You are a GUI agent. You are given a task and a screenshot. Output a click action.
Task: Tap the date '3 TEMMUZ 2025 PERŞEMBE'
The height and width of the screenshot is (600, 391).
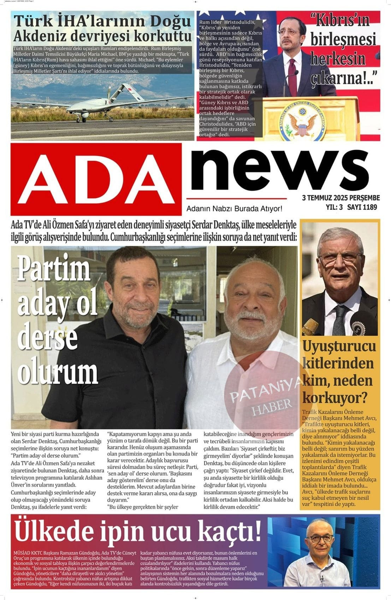click(x=341, y=198)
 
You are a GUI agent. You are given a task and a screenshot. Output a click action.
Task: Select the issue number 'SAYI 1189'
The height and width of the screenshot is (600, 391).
click(x=362, y=207)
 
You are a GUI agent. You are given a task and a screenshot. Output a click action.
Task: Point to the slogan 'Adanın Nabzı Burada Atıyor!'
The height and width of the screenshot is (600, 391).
click(x=234, y=209)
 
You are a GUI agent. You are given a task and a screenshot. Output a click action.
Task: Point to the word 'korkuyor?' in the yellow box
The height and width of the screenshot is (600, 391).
click(x=335, y=398)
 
